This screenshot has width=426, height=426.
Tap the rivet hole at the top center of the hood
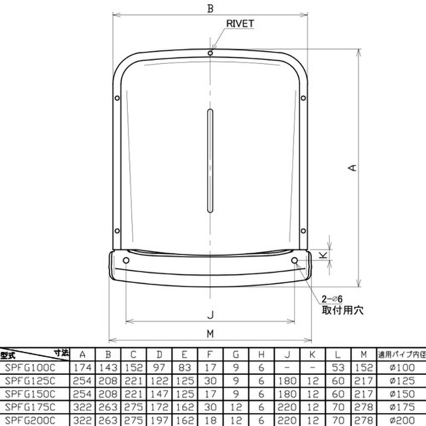211,53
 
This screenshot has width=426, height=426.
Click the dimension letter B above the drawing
211,8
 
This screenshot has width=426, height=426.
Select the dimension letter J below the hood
210,314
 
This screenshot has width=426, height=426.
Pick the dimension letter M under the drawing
210,333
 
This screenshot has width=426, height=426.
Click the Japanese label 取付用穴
341,310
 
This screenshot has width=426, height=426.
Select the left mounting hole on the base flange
126,260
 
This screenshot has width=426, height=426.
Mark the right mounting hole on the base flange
296,260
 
